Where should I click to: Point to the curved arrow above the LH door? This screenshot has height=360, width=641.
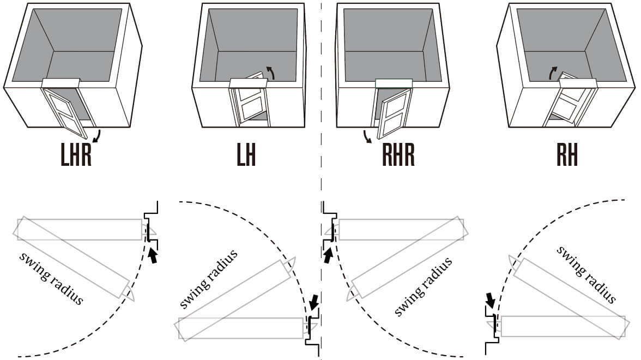(271, 72)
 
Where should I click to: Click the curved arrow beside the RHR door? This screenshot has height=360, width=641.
(367, 136)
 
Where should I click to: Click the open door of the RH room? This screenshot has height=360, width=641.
(567, 101)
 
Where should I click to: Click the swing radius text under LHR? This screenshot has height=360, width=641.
(51, 278)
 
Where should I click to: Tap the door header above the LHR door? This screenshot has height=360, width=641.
(61, 83)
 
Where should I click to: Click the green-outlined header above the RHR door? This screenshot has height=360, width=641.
(394, 83)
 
